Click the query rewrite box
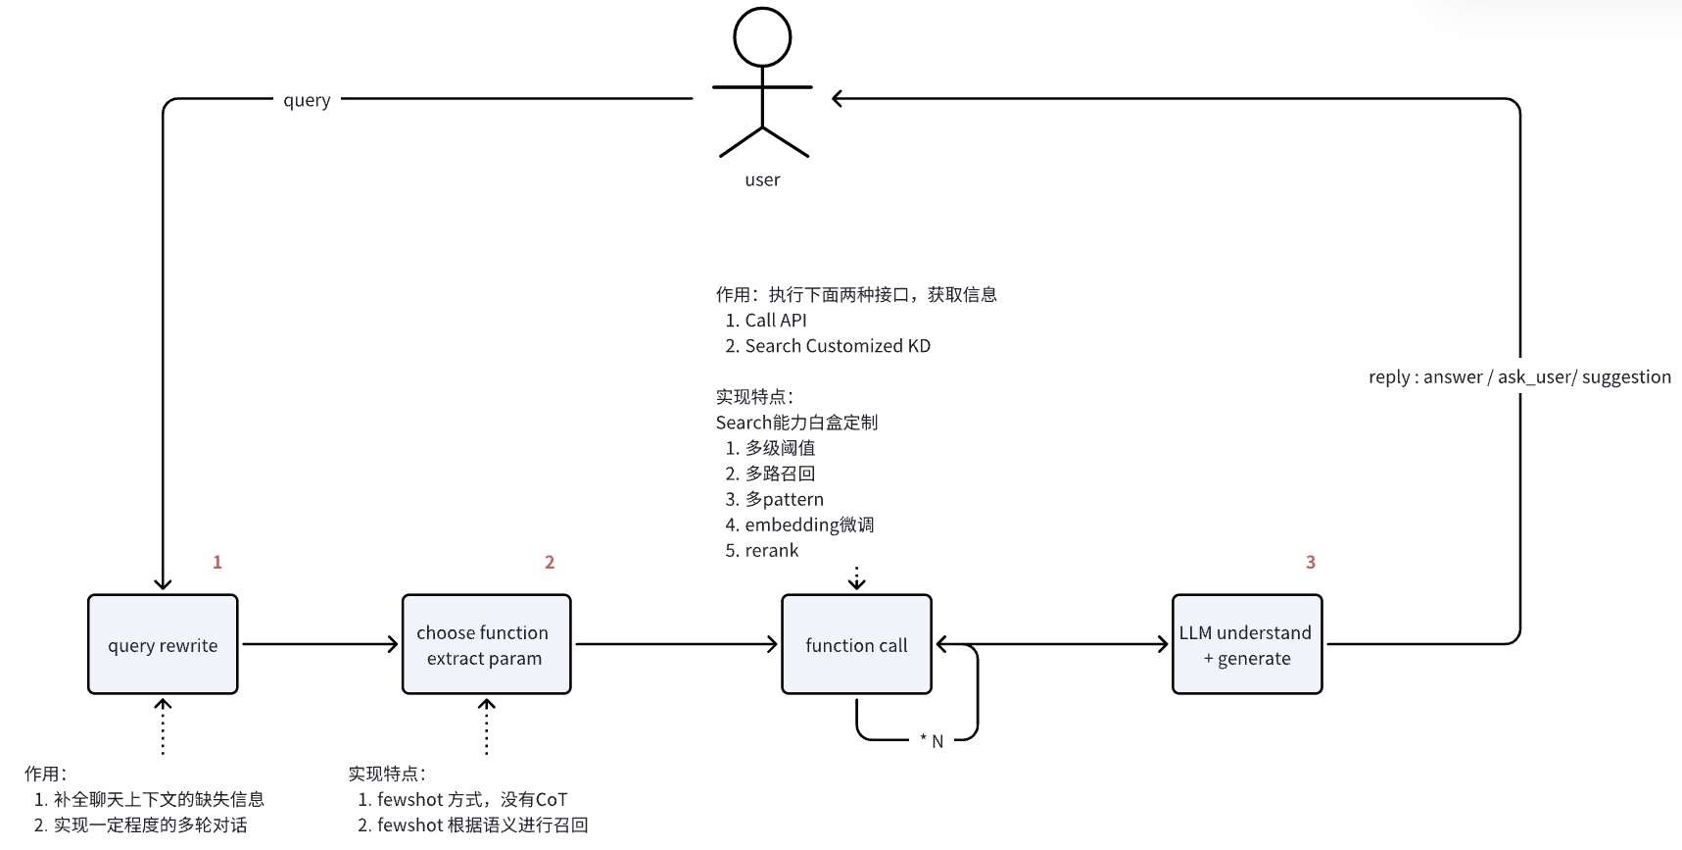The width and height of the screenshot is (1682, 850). (x=163, y=644)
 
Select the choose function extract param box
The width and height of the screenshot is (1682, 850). (x=486, y=644)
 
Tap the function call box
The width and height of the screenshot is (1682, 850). (x=856, y=644)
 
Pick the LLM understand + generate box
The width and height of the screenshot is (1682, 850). (x=1247, y=644)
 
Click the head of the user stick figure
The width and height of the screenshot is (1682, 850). (x=762, y=37)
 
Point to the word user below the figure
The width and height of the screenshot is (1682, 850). (x=762, y=179)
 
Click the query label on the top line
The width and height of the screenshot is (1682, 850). (x=307, y=100)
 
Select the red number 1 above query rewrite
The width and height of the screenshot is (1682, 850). (x=217, y=562)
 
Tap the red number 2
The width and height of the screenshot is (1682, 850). (x=550, y=562)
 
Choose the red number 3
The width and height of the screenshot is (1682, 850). (x=1311, y=562)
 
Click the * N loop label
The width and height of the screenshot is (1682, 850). (x=932, y=741)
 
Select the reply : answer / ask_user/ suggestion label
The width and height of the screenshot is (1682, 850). (x=1519, y=377)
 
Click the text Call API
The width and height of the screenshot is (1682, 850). (x=776, y=321)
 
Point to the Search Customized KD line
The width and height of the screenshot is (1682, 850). (x=838, y=346)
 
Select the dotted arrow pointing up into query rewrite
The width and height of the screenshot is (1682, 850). (x=163, y=726)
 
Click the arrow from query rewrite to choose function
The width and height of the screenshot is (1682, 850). (x=319, y=644)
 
